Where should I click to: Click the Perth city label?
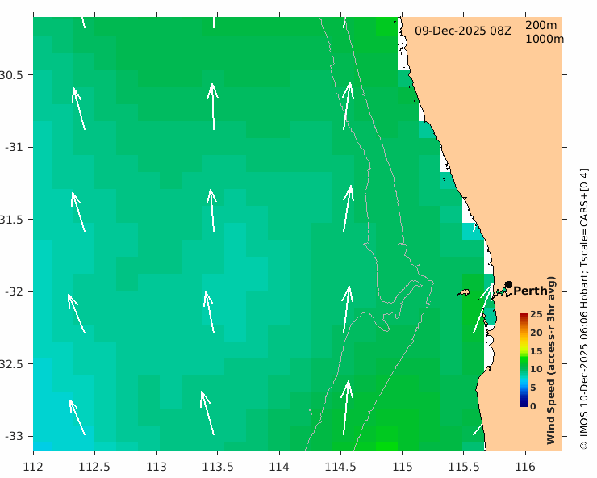pos(531,291)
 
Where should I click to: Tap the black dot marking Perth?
pos(508,284)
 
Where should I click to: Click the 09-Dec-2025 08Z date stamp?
pos(463,31)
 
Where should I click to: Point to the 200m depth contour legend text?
pos(541,25)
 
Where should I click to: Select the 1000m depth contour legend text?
pos(545,39)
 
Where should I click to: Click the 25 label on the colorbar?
pos(536,315)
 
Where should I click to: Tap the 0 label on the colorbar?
pos(532,406)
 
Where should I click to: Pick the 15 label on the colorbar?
pos(536,351)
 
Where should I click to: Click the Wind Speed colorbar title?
pos(552,360)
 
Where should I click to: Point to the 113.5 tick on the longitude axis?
pos(218,467)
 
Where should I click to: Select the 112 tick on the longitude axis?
pos(33,467)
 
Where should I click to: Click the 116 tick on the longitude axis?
pos(525,467)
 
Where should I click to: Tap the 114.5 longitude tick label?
pos(340,467)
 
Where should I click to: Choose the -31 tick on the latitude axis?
pos(15,147)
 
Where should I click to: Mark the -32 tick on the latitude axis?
pos(15,291)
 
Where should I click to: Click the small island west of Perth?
pos(464,292)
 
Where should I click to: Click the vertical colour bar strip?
pos(524,360)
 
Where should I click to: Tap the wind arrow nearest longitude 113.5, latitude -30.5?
pos(213,107)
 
